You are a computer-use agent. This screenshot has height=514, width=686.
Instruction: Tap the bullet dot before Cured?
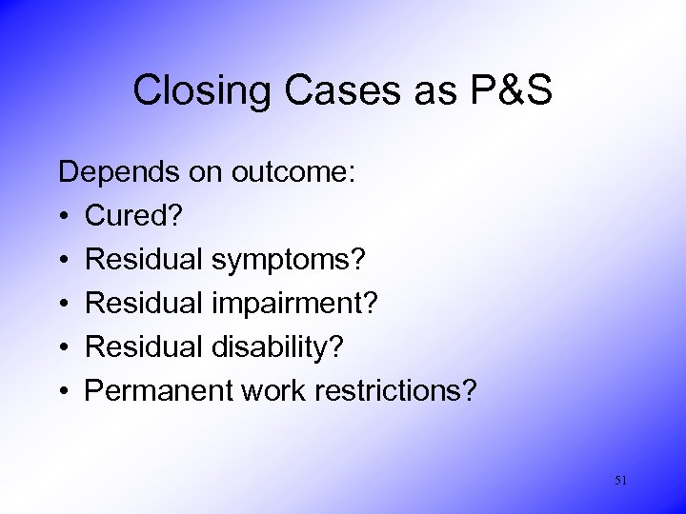point(65,216)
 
